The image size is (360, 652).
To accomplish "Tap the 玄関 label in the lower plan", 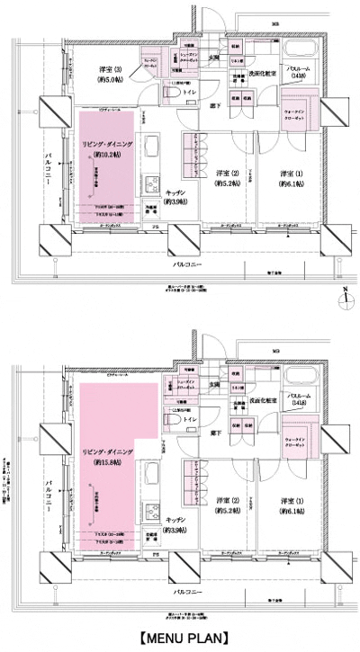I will pyautogui.click(x=215, y=385).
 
